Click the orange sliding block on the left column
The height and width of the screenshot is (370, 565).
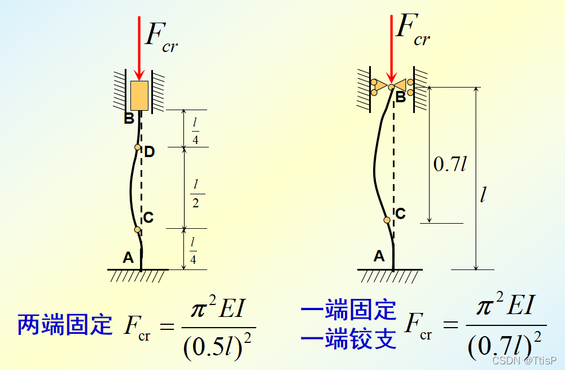click(139, 95)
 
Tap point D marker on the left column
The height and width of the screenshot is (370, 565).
click(138, 147)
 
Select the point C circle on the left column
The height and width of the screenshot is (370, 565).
click(137, 229)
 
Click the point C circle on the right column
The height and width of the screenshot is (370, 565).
click(387, 220)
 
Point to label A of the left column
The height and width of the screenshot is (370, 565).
click(128, 258)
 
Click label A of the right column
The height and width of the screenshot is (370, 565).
click(379, 256)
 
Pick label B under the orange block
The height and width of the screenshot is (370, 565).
click(129, 119)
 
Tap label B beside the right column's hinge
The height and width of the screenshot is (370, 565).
click(400, 97)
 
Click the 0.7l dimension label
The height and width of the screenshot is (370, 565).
click(450, 164)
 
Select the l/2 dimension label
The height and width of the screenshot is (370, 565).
click(195, 193)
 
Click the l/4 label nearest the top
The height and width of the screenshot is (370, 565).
click(195, 132)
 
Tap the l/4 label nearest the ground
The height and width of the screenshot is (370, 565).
click(193, 251)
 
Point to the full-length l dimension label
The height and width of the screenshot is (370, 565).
click(483, 195)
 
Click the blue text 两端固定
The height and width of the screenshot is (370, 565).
click(65, 325)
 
